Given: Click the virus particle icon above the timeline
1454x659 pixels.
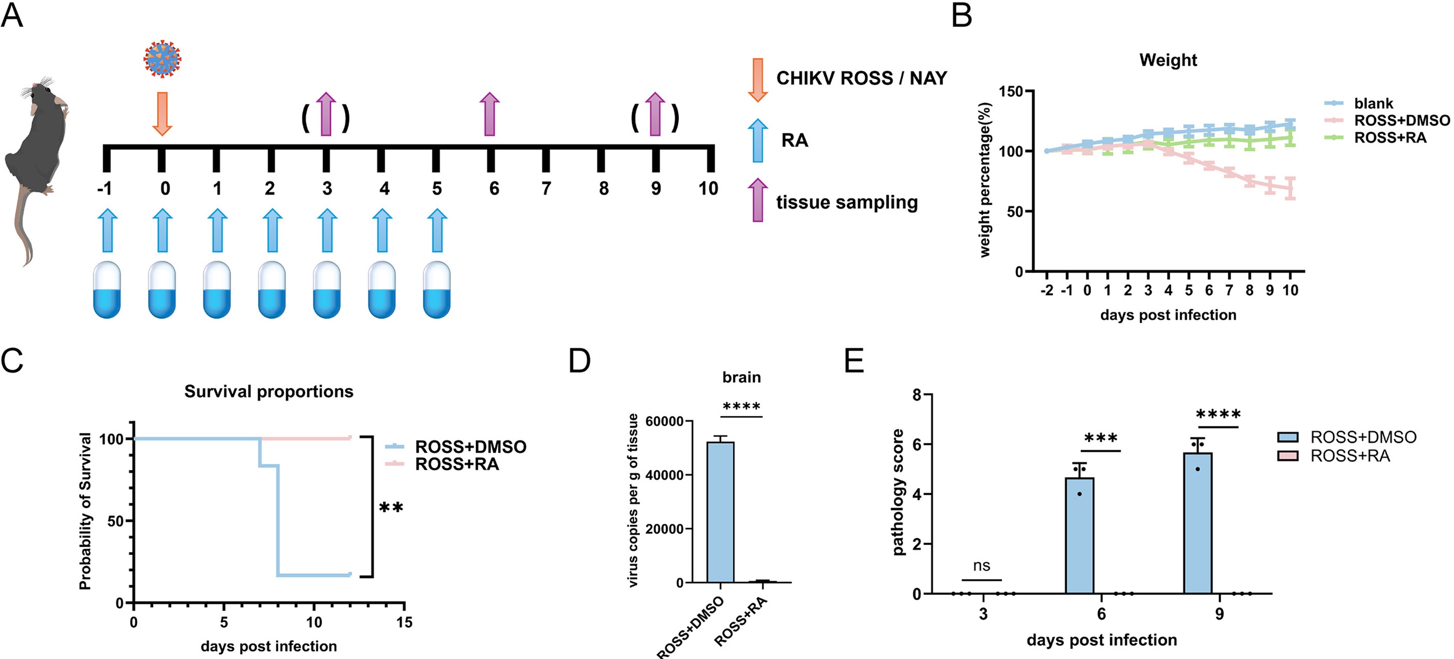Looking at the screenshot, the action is coord(162,58).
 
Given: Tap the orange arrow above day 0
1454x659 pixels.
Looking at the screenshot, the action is coord(162,113).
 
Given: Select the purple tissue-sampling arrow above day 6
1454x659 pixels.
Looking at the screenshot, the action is coord(489,114).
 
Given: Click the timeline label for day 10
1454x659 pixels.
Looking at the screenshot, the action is coord(709,188).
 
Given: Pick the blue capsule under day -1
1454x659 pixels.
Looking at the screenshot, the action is coord(107,290).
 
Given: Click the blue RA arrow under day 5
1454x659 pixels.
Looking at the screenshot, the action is coord(437,230).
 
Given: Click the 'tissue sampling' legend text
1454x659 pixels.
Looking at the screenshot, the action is coord(847,202).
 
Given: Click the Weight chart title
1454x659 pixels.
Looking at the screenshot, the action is coord(1168,60).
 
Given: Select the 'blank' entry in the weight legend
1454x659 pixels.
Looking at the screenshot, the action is coord(1373,103).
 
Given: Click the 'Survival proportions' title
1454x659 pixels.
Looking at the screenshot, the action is coord(269,391).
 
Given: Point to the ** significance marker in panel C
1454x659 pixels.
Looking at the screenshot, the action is coord(391,508).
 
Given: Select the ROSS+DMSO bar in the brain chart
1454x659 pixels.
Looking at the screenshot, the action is coord(721,512).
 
